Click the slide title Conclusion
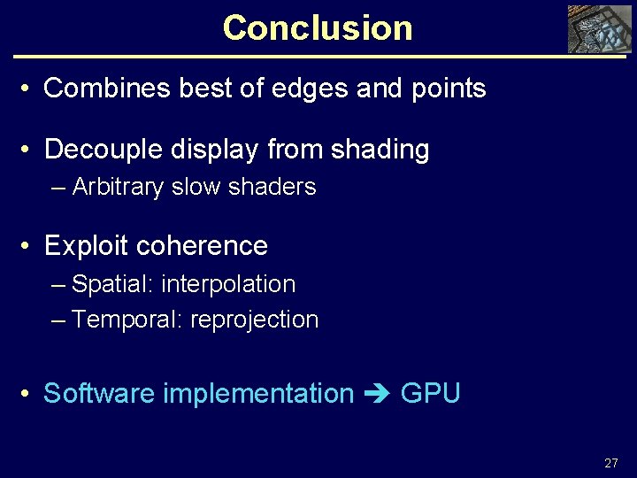tap(318, 27)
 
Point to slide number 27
tap(610, 463)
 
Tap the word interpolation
tap(228, 284)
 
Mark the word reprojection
tap(254, 320)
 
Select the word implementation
tap(258, 393)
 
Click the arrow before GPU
tap(378, 394)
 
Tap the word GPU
tap(431, 393)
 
